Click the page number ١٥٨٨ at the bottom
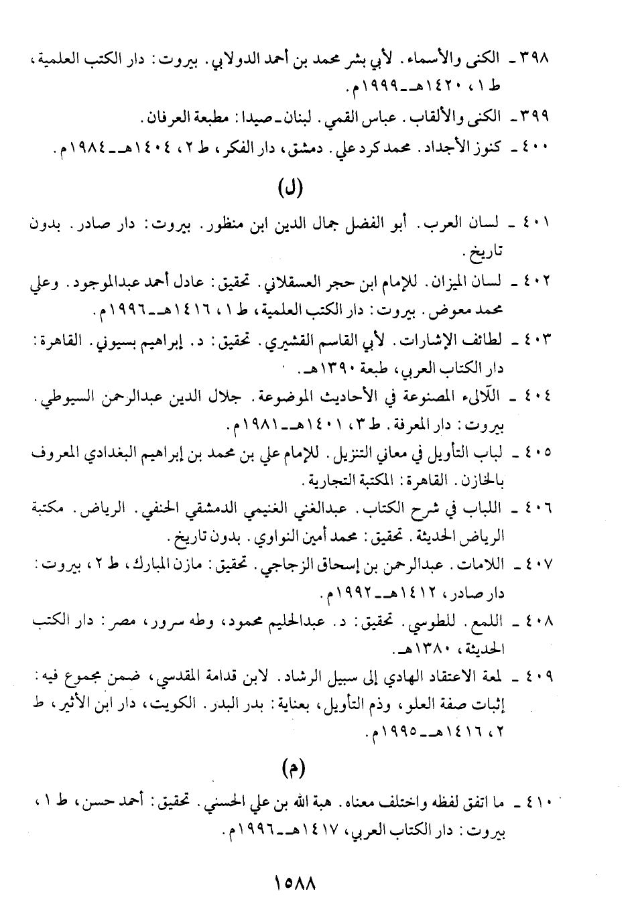point(295,882)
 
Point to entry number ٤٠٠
point(534,148)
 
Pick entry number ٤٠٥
point(534,452)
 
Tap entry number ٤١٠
point(534,802)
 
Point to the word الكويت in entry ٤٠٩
point(174,703)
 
